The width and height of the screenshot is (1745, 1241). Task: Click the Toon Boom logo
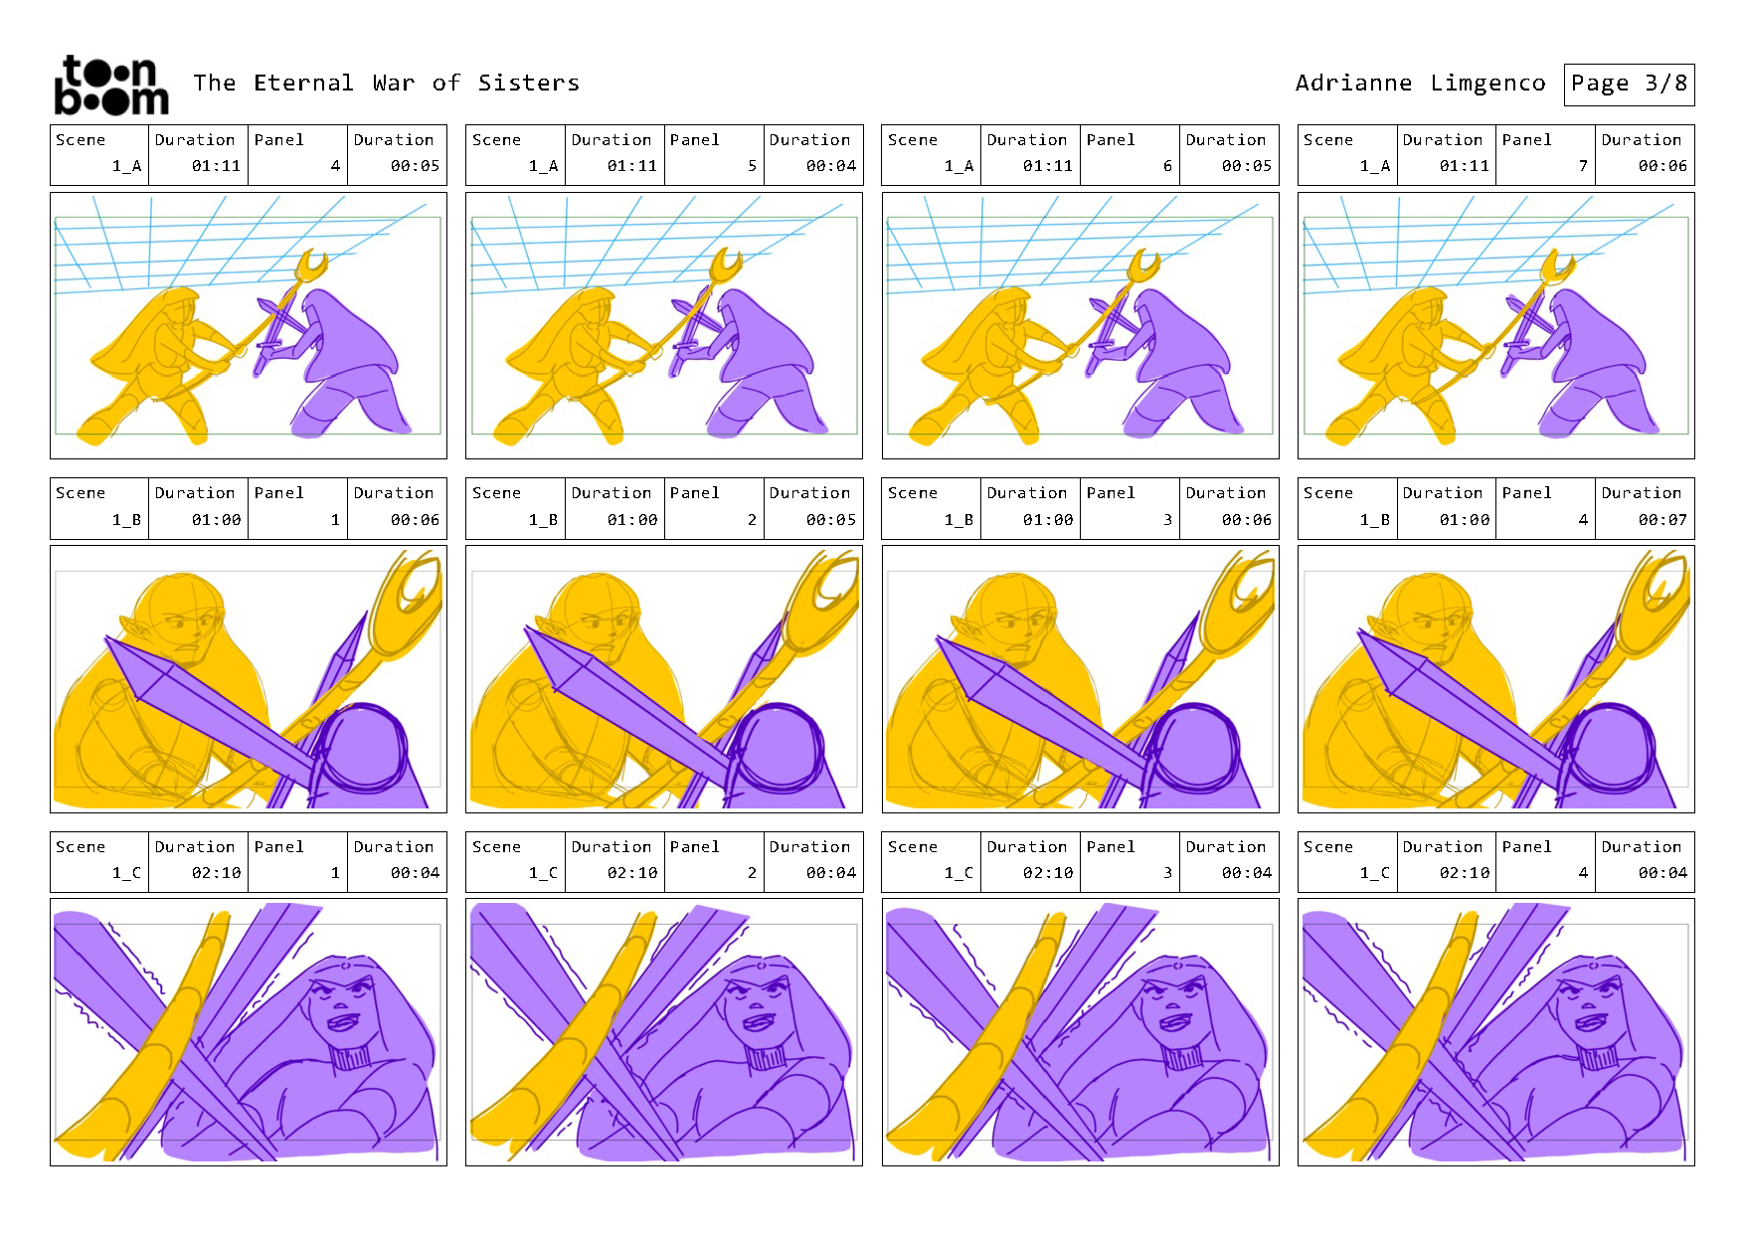click(110, 85)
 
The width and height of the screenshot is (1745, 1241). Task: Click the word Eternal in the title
click(303, 83)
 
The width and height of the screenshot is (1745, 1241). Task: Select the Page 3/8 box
click(1629, 85)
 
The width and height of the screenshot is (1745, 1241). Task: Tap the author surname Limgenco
click(1487, 84)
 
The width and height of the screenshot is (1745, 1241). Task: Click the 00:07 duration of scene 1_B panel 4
click(1662, 519)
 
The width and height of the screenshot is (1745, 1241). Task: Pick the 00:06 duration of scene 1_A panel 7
click(1662, 166)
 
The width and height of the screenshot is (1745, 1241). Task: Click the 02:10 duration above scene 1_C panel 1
click(216, 873)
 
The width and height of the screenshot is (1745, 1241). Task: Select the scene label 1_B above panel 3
click(960, 520)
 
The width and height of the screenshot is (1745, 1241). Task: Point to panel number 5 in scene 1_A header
click(752, 166)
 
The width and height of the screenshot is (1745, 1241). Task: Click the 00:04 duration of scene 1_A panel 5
click(831, 166)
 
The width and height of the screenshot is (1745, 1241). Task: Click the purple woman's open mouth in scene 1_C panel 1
click(342, 1021)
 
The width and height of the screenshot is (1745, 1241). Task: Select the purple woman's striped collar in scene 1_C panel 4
click(1601, 1056)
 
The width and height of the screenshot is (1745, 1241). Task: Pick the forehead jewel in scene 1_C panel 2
click(761, 964)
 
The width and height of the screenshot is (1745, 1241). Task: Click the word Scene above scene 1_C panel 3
click(913, 847)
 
